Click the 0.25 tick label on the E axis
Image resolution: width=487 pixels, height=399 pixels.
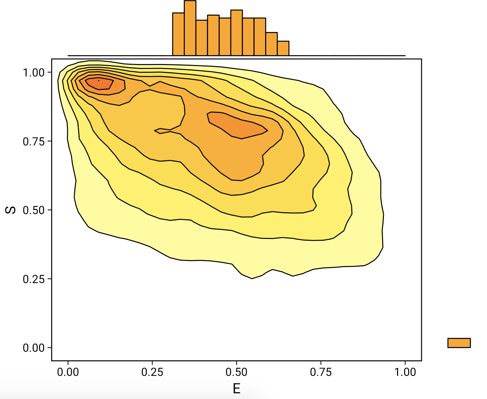coord(152,372)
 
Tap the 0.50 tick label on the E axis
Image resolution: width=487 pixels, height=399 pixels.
coord(236,372)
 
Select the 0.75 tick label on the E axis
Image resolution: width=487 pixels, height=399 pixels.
coord(321,372)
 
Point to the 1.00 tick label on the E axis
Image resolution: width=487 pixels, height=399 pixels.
coord(405,372)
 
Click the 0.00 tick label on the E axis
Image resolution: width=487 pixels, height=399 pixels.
coord(68,372)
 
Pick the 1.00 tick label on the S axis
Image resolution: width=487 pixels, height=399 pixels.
coord(34,73)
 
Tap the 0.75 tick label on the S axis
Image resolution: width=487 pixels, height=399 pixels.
coord(34,142)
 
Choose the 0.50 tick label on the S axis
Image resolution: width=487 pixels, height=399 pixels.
coord(34,210)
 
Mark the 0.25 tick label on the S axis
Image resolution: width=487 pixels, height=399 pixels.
coord(34,279)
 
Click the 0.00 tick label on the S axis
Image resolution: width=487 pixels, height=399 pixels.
coord(34,348)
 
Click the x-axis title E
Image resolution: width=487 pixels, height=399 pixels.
coord(237,389)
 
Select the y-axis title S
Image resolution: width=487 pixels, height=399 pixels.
coord(11,210)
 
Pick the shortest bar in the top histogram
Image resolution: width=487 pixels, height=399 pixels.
coord(283,48)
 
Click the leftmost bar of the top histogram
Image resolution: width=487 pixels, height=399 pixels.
coord(178,34)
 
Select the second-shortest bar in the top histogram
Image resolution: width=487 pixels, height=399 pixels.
coord(272,44)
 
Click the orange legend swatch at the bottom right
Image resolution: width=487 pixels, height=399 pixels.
coord(459,343)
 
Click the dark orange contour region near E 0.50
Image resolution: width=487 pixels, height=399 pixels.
coord(238,126)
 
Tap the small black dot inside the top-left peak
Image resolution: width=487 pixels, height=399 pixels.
coord(98,80)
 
